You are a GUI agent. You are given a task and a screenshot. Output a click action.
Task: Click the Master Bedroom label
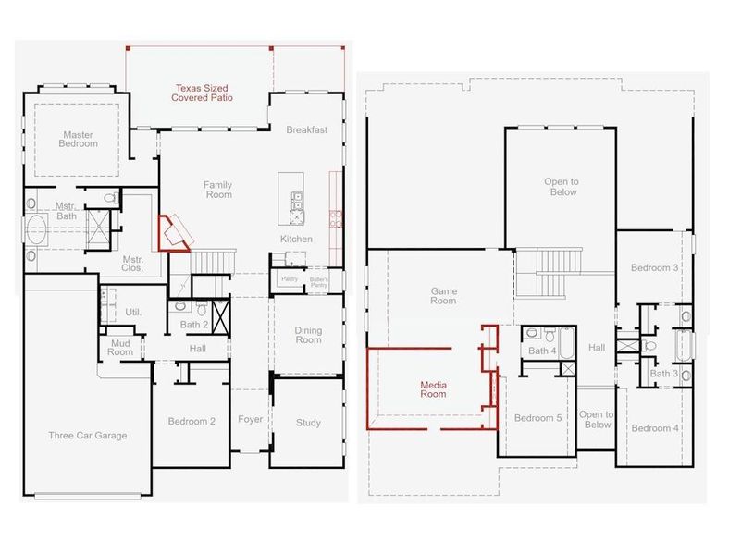78,140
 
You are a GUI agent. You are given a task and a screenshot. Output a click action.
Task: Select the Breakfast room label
306,129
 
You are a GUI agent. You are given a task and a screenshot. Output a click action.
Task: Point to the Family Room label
218,190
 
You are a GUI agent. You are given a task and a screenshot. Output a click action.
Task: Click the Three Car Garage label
88,435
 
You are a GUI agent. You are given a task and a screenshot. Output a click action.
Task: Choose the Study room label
308,423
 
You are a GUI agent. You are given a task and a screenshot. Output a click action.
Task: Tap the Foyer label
250,419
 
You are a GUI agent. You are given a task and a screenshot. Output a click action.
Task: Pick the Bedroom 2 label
192,422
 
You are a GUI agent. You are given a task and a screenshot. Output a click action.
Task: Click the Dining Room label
308,335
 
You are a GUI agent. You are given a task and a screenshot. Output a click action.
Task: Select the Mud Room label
120,347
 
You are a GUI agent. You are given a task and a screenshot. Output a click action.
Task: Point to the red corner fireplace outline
172,232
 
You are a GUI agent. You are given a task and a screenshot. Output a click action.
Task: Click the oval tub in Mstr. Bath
36,228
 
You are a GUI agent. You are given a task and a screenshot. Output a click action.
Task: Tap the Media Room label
433,388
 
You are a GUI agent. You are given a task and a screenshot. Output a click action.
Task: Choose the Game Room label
444,296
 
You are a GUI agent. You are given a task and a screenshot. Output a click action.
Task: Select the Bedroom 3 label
655,268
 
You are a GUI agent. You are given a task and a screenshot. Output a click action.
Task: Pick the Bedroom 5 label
538,418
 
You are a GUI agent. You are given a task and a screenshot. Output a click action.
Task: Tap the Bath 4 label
542,351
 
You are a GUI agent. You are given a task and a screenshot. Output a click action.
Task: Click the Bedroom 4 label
655,428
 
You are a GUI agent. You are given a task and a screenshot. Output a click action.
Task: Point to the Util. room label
133,313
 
